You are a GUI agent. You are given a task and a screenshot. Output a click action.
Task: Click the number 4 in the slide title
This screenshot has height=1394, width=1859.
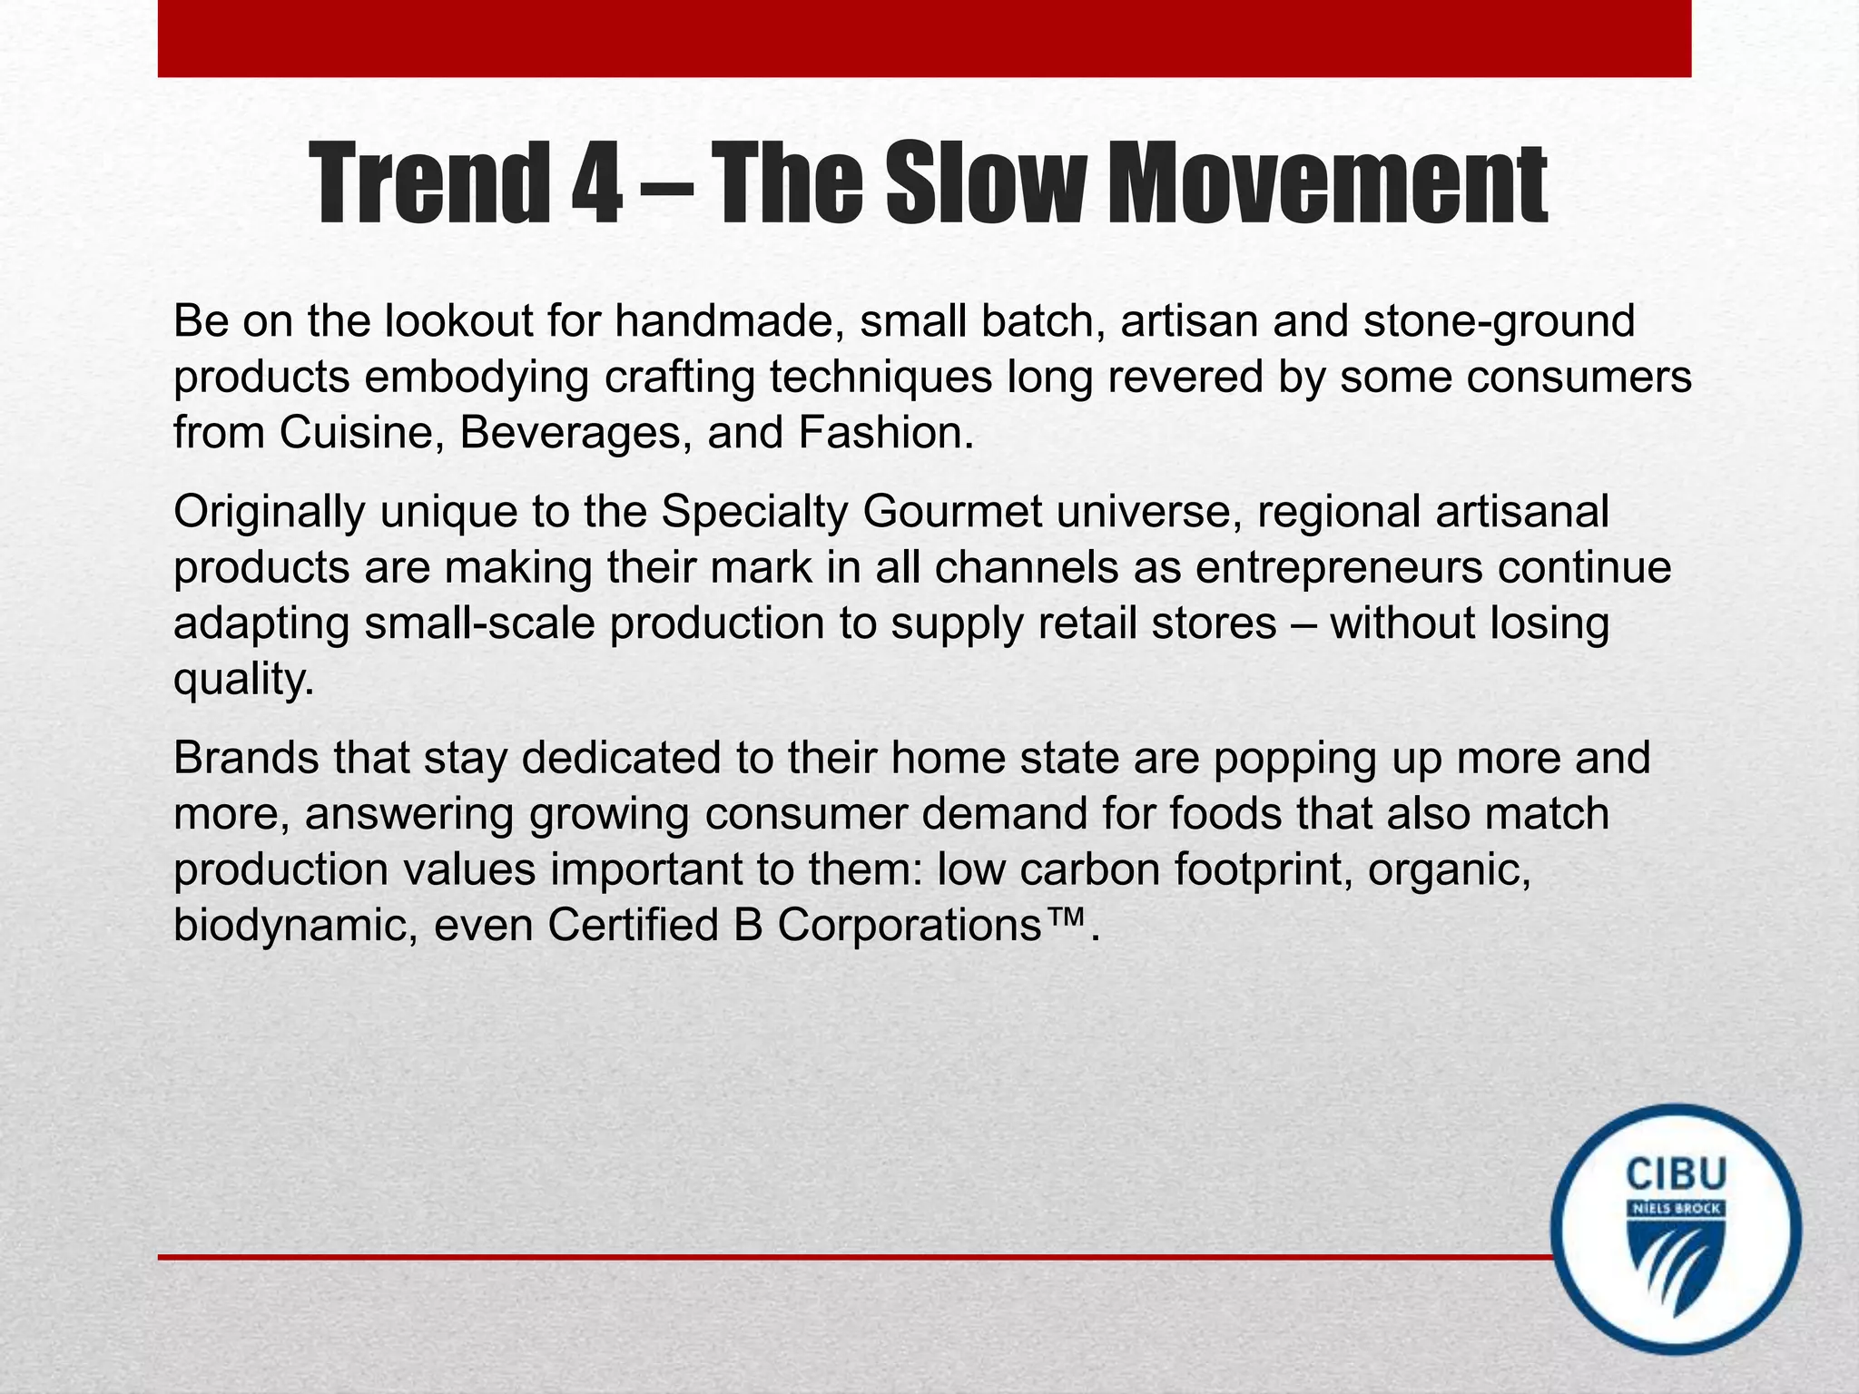click(596, 184)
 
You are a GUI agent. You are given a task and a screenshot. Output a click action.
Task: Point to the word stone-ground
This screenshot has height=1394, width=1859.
click(1499, 321)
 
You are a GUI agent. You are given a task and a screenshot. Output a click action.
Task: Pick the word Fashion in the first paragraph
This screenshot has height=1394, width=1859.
click(880, 432)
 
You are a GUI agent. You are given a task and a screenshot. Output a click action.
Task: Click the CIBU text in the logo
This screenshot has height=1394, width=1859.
click(1676, 1173)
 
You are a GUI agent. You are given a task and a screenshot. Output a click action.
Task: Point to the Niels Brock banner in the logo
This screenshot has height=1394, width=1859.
click(1676, 1209)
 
